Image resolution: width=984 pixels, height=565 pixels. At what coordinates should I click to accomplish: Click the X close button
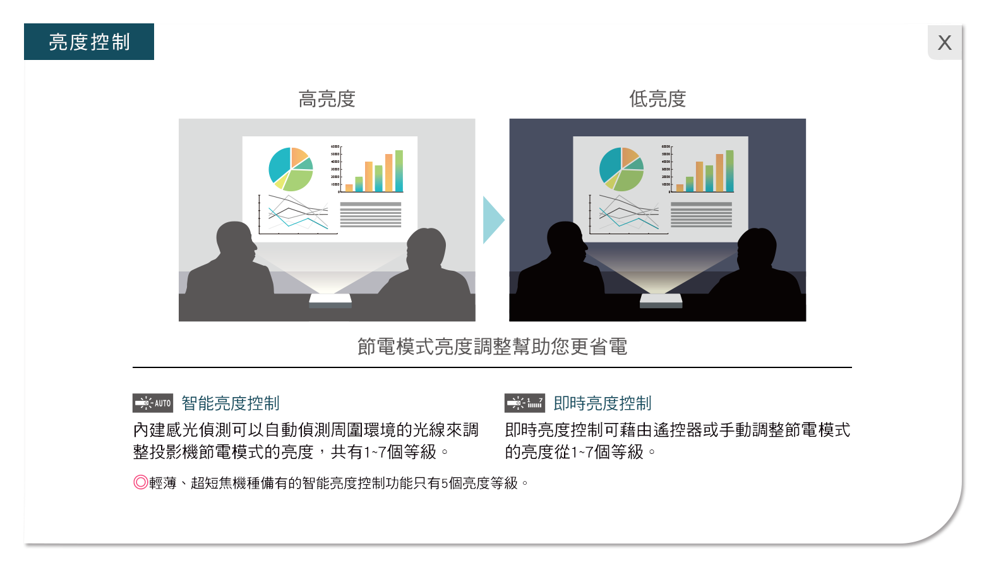(944, 42)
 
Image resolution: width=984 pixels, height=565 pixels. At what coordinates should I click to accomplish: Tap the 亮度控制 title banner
(88, 42)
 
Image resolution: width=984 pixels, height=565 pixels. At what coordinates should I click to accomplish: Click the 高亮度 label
(327, 98)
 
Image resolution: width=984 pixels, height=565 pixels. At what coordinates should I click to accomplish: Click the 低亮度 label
(657, 98)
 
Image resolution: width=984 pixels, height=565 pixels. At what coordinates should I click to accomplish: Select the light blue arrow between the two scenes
(493, 220)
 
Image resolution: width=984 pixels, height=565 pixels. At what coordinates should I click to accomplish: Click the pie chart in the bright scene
(291, 169)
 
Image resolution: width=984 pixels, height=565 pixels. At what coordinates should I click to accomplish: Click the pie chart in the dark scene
(621, 169)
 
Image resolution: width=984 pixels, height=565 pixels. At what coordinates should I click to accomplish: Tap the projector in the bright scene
(330, 300)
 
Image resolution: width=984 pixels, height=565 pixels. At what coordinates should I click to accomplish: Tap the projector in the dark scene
(661, 300)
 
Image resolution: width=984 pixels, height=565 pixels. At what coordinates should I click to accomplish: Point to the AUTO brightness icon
(153, 403)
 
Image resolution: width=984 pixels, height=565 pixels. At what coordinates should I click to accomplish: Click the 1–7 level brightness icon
(524, 403)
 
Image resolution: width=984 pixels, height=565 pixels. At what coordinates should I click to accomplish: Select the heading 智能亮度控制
(231, 403)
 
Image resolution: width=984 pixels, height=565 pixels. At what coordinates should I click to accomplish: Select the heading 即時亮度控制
(603, 403)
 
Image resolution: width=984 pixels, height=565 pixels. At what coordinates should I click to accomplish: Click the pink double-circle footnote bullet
(141, 482)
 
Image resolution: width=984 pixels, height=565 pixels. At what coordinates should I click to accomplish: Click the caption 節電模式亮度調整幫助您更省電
(492, 347)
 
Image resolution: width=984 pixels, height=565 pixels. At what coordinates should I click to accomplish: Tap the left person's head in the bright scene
(236, 241)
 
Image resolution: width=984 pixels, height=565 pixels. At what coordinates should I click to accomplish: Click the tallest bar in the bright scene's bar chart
(399, 171)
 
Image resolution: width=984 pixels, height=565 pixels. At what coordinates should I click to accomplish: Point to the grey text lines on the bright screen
(371, 214)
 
